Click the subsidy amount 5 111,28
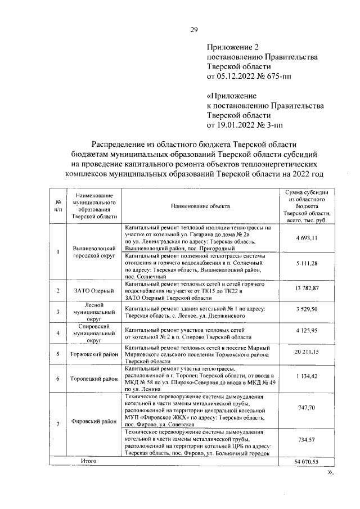click(307, 263)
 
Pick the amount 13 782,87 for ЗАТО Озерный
click(307, 288)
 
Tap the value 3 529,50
click(307, 309)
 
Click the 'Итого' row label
click(89, 461)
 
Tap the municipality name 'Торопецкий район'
click(94, 379)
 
